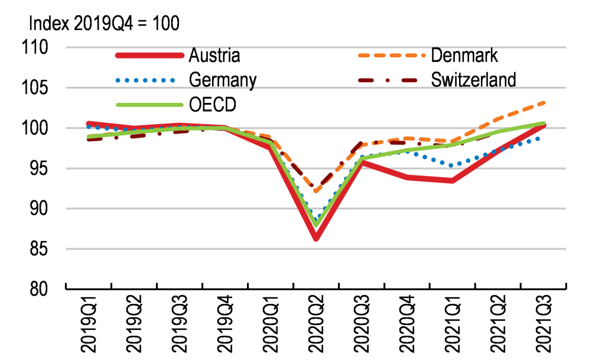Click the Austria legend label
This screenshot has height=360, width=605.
coord(214,56)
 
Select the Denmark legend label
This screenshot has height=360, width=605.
coord(464,56)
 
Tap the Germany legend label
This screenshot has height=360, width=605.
coord(222,79)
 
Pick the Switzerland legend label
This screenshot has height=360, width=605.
coord(474,79)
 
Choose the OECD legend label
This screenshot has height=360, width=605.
coord(213,104)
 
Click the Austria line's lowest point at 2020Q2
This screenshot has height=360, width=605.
coord(316,238)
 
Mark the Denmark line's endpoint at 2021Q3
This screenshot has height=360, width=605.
coord(543,103)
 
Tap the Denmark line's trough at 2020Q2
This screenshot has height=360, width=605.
coord(316,191)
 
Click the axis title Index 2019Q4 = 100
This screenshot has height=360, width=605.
coord(104,24)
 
